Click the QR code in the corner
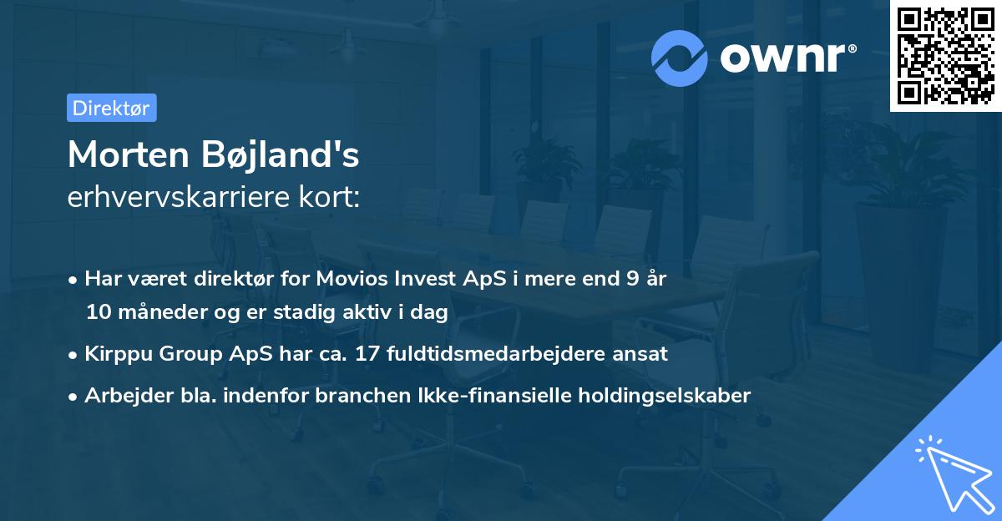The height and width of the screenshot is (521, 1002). (945, 56)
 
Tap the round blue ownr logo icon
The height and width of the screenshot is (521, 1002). (681, 57)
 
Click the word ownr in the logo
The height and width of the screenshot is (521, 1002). (780, 57)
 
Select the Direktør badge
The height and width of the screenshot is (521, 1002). (111, 108)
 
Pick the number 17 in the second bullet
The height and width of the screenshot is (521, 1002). (367, 354)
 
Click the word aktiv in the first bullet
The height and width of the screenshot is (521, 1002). (375, 313)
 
